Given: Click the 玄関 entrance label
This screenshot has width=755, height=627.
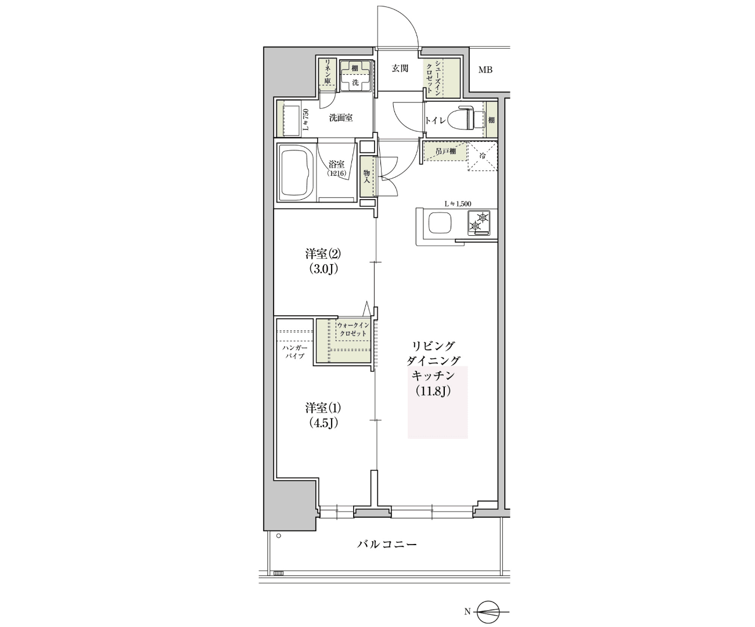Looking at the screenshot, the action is tap(400, 68).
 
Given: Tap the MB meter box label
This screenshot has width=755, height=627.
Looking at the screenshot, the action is tap(486, 70).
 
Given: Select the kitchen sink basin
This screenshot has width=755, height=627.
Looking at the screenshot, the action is tap(440, 224).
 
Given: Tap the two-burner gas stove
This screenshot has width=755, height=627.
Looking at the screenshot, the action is tap(479, 224).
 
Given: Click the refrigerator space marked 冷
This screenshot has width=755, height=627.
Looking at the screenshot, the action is tap(483, 156).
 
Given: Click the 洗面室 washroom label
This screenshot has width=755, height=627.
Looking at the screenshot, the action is tap(340, 118).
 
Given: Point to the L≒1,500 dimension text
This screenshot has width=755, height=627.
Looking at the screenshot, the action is tap(458, 204).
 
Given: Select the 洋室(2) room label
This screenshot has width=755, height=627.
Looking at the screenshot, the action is tap(323, 254).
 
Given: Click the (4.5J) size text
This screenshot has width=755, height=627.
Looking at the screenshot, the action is tap(323, 423).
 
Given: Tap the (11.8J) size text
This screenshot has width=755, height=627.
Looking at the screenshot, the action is tap(433, 391).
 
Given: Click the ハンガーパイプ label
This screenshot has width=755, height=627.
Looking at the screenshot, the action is tap(294, 352).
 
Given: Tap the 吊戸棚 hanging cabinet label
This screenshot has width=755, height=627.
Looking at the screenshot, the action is tap(445, 152).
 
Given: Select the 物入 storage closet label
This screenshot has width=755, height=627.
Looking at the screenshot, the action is tap(366, 176).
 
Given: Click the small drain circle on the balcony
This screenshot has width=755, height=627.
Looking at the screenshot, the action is tap(278, 536).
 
